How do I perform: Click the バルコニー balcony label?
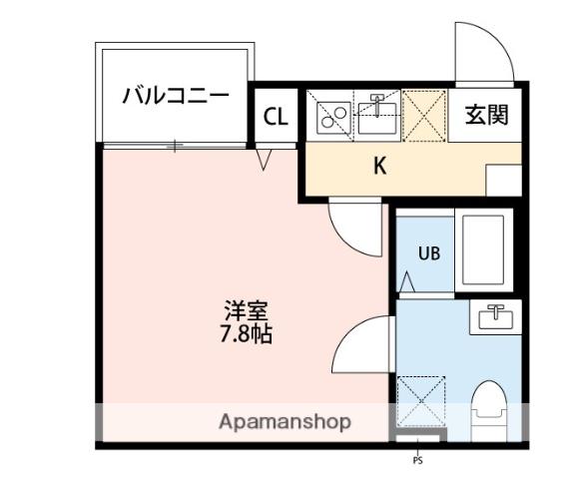point(176,96)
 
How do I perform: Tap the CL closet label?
point(276,117)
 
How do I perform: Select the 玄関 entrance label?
point(486,115)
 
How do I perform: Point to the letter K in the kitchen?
point(380,166)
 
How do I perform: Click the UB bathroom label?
point(429,253)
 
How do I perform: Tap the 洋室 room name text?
point(246,311)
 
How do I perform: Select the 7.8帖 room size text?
point(246,334)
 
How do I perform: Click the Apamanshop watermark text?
point(284,422)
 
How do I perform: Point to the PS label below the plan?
point(417,461)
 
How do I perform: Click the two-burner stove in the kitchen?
point(333,118)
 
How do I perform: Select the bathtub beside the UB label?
point(483,250)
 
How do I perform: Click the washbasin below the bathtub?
point(496,316)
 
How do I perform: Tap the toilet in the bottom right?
point(488,410)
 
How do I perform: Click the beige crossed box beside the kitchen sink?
point(424,116)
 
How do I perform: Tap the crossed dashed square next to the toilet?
point(421,401)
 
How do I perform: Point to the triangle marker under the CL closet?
point(264,160)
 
